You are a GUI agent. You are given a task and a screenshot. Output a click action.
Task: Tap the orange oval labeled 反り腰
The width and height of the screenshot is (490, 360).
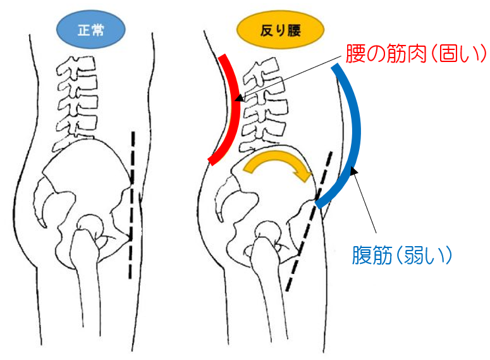click(x=281, y=29)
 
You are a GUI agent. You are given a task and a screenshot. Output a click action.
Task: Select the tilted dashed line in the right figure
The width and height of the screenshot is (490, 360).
click(x=310, y=221)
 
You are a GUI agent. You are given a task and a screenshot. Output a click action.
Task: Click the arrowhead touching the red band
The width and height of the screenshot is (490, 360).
click(x=239, y=99)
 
